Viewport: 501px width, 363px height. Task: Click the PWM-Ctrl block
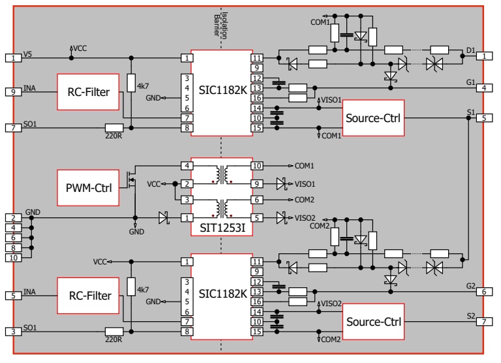click(88, 188)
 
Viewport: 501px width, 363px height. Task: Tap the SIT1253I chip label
click(221, 229)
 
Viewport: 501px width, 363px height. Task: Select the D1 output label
click(471, 50)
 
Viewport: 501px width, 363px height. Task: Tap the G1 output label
click(470, 82)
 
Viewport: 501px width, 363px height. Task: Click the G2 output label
click(470, 286)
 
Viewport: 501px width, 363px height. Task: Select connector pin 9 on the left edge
click(12, 92)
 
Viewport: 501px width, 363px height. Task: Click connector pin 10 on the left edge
click(12, 258)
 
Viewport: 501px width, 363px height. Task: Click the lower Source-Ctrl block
click(373, 322)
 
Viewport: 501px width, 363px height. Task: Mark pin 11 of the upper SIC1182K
click(257, 57)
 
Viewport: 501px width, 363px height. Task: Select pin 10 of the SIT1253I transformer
click(257, 166)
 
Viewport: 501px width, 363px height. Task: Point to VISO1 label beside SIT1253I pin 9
click(306, 183)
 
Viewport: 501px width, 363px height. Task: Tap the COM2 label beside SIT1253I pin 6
click(304, 200)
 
